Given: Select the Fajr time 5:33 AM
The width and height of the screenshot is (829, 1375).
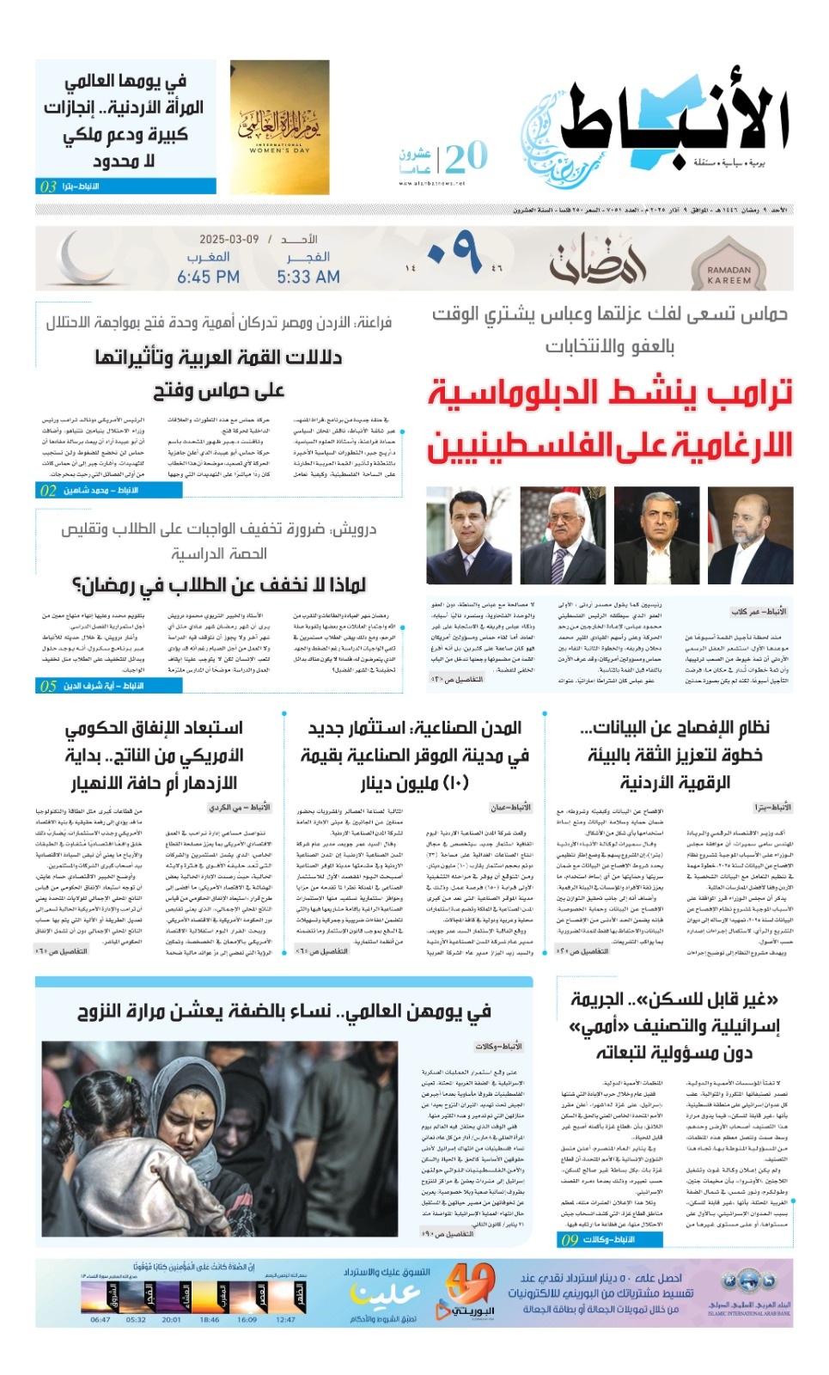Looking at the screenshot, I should (x=308, y=277).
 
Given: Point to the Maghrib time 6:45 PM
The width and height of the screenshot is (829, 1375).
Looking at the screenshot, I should (x=208, y=277).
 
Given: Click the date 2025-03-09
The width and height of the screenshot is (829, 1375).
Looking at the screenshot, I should (x=229, y=239).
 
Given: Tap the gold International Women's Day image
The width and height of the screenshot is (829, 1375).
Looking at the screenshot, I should (x=279, y=126).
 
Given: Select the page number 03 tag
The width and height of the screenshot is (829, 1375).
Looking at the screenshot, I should (x=48, y=186).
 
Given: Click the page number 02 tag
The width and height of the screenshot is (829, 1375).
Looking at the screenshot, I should (x=48, y=491).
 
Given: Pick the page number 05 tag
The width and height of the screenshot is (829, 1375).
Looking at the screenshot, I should (x=48, y=686).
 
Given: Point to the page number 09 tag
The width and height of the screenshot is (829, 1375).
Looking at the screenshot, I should (x=570, y=1239).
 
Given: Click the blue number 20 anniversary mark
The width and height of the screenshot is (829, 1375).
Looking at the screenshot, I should (x=466, y=157).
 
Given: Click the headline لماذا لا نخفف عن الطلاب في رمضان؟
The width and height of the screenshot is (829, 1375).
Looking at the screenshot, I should (x=219, y=585).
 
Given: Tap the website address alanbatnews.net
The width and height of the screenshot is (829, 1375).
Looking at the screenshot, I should (x=431, y=183).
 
